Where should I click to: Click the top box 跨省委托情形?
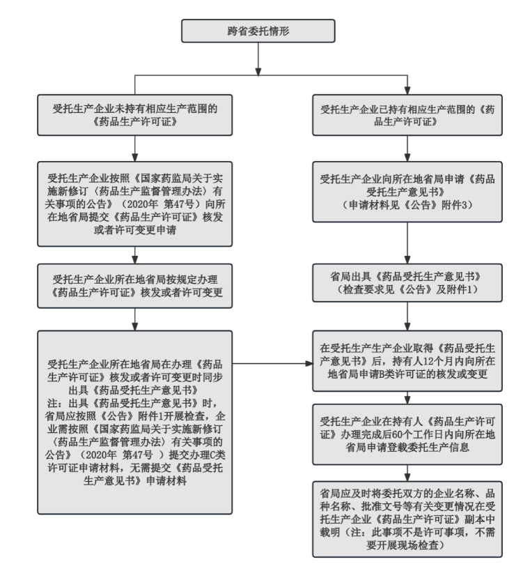pos(258,33)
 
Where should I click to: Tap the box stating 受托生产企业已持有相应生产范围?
pos(407,114)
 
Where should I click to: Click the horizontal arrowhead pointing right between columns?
pos(308,363)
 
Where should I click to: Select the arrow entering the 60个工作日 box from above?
pos(407,397)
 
